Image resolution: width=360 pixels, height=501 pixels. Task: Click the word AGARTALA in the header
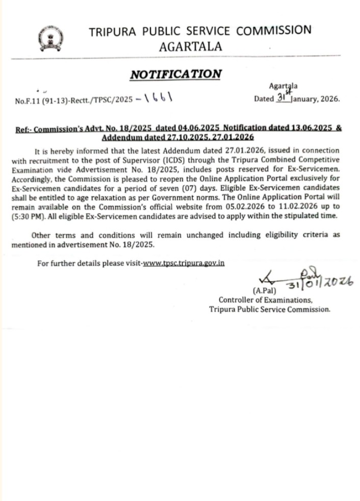[190, 46]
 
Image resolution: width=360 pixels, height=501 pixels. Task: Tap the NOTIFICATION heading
[176, 74]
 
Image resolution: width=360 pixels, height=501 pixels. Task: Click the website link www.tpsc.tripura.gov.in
[183, 263]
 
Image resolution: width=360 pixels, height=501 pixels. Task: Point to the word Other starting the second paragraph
[42, 235]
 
